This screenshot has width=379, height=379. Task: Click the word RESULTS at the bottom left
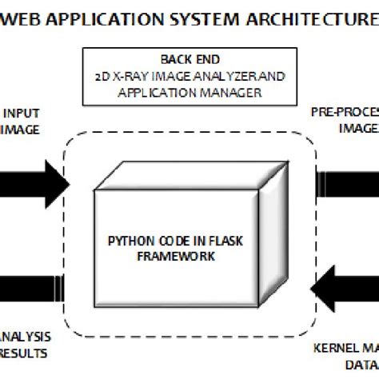click(x=25, y=351)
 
